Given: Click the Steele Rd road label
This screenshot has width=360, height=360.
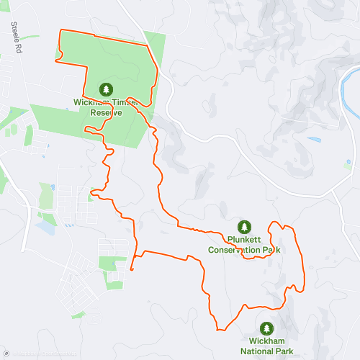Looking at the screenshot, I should [x=15, y=36].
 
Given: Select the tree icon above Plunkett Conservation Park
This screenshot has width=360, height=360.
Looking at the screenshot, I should [x=244, y=226].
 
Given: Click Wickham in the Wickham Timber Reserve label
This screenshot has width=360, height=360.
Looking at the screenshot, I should [x=89, y=102].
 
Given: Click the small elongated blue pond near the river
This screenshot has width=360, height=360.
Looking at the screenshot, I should [x=314, y=139].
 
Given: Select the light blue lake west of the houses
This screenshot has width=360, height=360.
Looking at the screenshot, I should [x=45, y=228].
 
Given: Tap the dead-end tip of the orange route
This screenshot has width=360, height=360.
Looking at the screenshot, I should [x=132, y=269].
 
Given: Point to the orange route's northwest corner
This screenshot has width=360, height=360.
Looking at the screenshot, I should [x=60, y=31].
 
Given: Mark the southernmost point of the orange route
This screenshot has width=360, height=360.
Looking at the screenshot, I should [x=218, y=330].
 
